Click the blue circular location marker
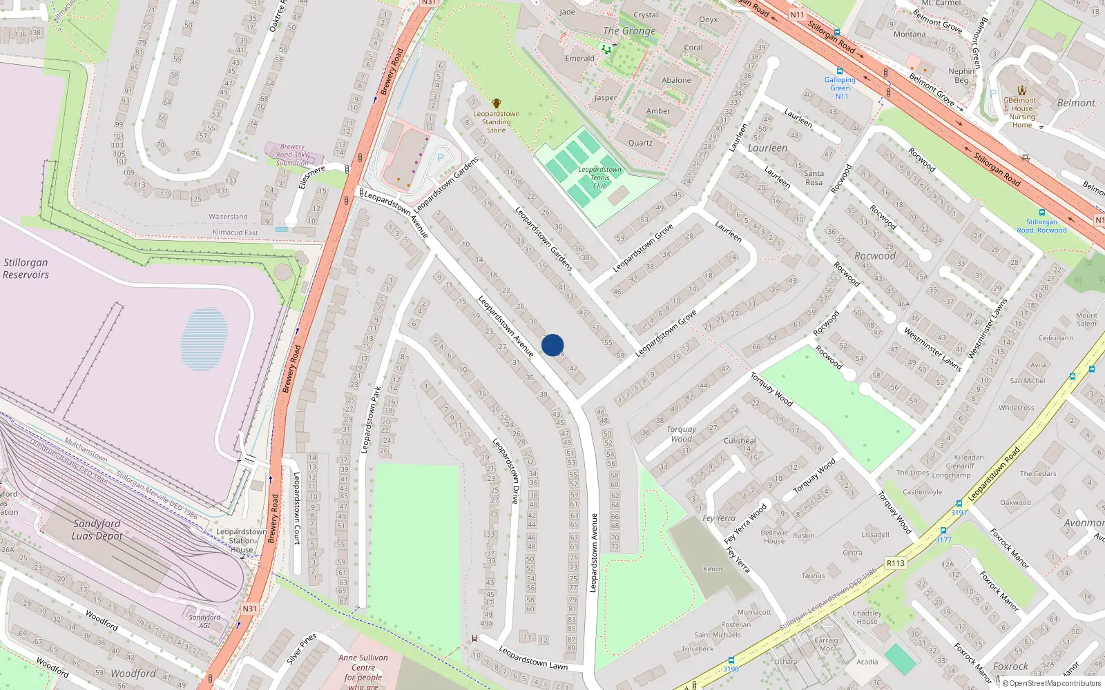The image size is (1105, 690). tap(552, 345)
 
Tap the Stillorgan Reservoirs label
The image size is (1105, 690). tap(26, 268)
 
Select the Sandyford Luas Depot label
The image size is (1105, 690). tap(97, 530)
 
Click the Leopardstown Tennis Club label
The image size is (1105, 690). tap(599, 177)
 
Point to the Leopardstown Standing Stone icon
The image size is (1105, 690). tap(496, 103)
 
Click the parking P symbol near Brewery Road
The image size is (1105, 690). tap(441, 159)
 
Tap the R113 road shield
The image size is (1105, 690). tap(896, 563)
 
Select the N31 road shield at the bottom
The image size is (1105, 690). tap(249, 609)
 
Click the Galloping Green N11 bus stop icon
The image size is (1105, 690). tap(839, 71)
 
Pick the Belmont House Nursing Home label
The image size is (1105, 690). tap(1022, 112)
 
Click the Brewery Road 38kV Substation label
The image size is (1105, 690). tap(292, 155)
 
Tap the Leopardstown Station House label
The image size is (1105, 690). tap(241, 540)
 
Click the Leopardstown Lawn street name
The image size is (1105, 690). tap(532, 658)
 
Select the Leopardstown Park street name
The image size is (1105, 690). tap(370, 420)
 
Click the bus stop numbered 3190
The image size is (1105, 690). tap(731, 669)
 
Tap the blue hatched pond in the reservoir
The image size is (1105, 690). tap(204, 339)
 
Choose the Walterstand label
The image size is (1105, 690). tap(228, 217)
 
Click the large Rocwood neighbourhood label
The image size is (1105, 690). tap(874, 256)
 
